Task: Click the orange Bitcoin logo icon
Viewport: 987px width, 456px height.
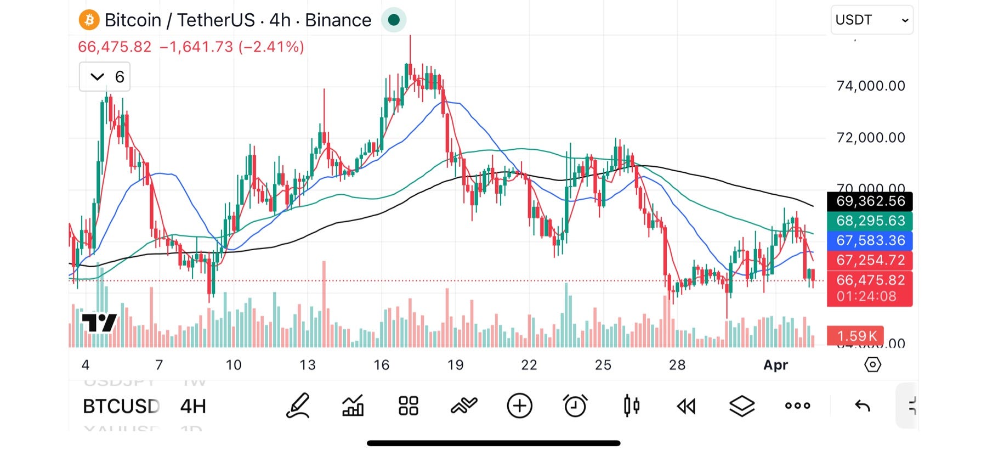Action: (x=89, y=20)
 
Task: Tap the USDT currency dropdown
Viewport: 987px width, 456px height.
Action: (x=871, y=20)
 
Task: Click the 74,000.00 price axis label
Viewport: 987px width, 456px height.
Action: (x=870, y=86)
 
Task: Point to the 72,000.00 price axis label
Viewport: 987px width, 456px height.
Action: (x=870, y=137)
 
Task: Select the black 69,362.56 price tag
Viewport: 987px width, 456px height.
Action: (x=870, y=201)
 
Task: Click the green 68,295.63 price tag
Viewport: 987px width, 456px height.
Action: (x=870, y=221)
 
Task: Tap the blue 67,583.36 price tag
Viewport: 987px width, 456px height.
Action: (x=870, y=240)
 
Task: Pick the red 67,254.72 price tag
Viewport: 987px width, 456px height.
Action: (x=870, y=260)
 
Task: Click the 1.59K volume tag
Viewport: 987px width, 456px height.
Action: (x=856, y=336)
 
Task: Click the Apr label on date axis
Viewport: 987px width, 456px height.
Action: (x=775, y=365)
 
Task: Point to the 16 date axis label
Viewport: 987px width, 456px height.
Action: (x=381, y=365)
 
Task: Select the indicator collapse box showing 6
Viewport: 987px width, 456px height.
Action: (x=105, y=77)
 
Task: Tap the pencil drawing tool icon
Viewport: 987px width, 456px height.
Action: (x=298, y=406)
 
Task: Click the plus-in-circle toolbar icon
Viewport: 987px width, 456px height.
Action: (x=519, y=406)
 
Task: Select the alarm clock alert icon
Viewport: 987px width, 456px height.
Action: (x=575, y=406)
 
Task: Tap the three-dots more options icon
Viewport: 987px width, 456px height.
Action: (x=797, y=406)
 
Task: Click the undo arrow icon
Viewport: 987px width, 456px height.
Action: (x=863, y=406)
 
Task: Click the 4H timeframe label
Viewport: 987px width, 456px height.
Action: (x=193, y=407)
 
